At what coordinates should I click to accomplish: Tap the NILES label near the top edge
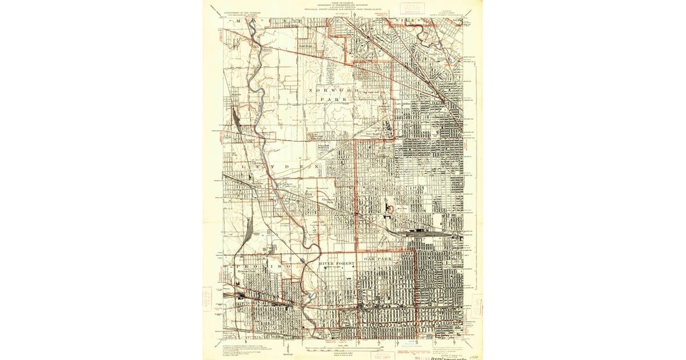click(412, 21)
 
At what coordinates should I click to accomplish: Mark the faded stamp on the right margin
click(478, 303)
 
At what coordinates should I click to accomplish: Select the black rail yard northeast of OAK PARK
click(423, 233)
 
